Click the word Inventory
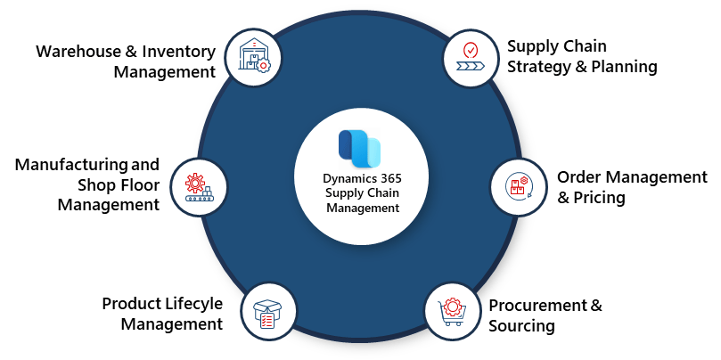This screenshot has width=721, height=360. (x=175, y=51)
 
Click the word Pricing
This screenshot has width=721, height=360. (x=600, y=197)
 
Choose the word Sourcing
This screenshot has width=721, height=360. (x=521, y=326)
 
